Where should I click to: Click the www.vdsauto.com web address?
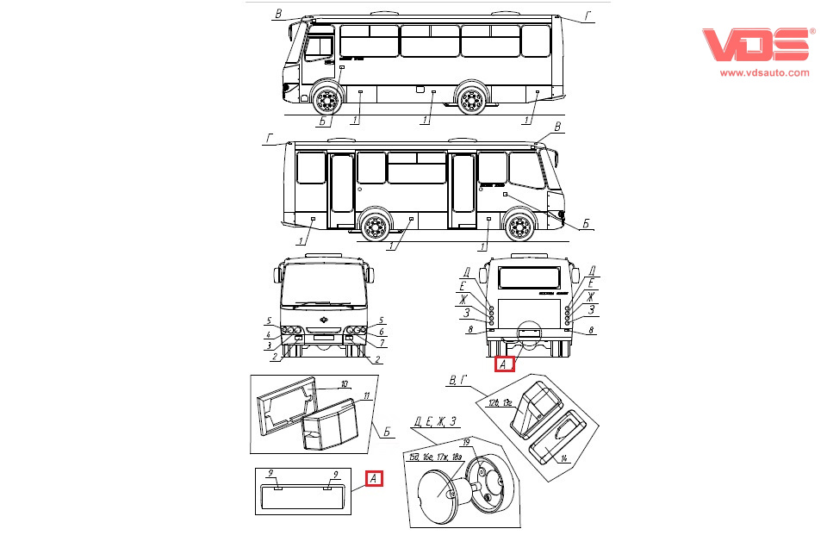(x=764, y=74)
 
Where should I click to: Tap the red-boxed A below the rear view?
(x=504, y=364)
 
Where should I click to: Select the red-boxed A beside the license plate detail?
(x=374, y=479)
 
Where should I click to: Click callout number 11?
(x=366, y=396)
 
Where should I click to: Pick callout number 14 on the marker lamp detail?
(x=563, y=457)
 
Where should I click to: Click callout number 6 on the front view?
(x=380, y=333)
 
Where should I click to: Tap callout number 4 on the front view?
(x=268, y=334)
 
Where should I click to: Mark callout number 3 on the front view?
(x=268, y=345)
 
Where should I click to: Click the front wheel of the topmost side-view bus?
(x=326, y=101)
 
